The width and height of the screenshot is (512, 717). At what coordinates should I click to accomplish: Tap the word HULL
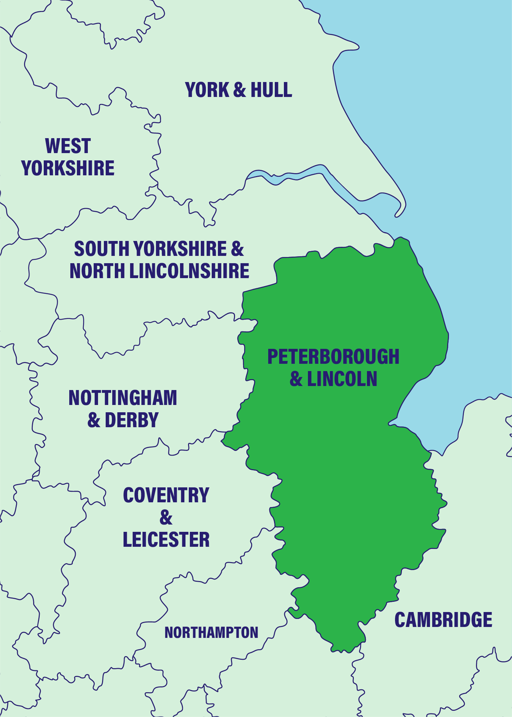tap(271, 90)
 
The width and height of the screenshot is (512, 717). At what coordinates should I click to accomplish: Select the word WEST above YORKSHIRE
tap(68, 146)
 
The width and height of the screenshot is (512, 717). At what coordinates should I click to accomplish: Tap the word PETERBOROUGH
tap(333, 357)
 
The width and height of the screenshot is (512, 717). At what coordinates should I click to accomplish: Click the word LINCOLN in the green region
tap(342, 379)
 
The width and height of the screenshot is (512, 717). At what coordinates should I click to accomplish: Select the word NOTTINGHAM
tap(123, 398)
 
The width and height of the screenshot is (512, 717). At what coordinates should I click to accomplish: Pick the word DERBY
tap(132, 420)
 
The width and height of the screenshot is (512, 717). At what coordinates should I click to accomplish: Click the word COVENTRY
tap(166, 495)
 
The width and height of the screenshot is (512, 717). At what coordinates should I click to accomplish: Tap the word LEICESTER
tap(166, 540)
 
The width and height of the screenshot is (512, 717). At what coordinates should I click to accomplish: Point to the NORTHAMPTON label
tap(211, 633)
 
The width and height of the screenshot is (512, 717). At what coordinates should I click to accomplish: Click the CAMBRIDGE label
tap(443, 620)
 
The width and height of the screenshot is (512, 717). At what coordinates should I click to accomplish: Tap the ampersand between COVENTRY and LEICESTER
tap(166, 518)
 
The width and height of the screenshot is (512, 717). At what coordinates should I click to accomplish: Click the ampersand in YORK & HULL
tap(239, 90)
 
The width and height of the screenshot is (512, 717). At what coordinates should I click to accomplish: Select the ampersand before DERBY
tap(94, 420)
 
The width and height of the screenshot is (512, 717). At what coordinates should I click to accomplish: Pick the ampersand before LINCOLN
tap(296, 379)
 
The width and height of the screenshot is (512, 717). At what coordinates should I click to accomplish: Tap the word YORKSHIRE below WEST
tap(68, 168)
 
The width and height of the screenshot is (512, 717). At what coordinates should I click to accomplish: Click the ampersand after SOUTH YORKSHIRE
tap(237, 249)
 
